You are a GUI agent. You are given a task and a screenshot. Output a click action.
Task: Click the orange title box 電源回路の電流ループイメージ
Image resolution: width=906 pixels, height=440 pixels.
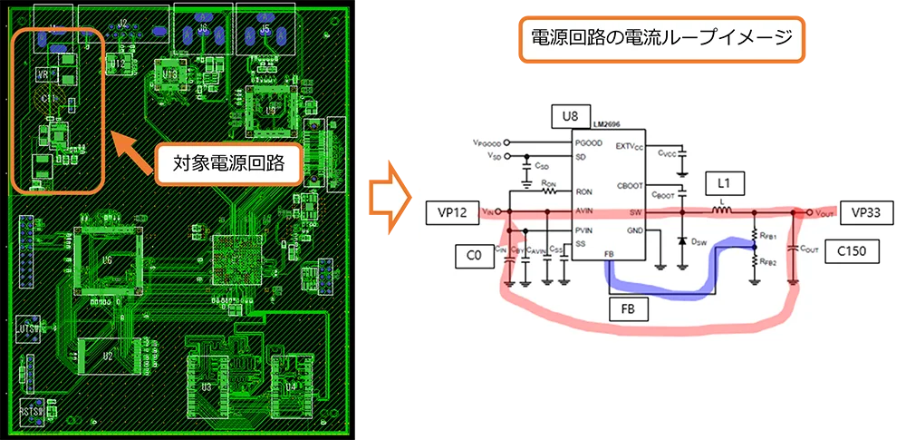point(659,38)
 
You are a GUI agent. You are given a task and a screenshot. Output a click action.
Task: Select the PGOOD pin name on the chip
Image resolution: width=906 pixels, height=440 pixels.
point(588,143)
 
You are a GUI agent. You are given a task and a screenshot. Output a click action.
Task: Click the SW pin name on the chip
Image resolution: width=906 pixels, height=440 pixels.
point(636,211)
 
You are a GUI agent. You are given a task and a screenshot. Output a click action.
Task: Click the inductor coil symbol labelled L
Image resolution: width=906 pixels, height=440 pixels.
point(722,211)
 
